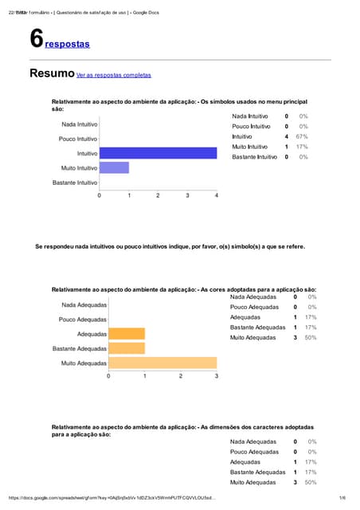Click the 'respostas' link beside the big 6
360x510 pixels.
pos(68,44)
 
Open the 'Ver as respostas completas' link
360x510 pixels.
pos(113,75)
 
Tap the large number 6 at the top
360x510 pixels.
pos(36,38)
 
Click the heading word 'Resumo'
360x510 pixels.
pos(52,73)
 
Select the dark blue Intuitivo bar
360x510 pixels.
pos(158,152)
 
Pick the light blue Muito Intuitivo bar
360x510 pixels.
pos(114,168)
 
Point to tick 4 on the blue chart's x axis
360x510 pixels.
pos(217,195)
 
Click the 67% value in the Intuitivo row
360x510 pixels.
pos(303,137)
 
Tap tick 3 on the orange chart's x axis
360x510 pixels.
pos(217,375)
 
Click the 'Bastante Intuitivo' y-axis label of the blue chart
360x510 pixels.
pos(75,182)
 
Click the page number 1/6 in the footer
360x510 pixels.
pos(342,498)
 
